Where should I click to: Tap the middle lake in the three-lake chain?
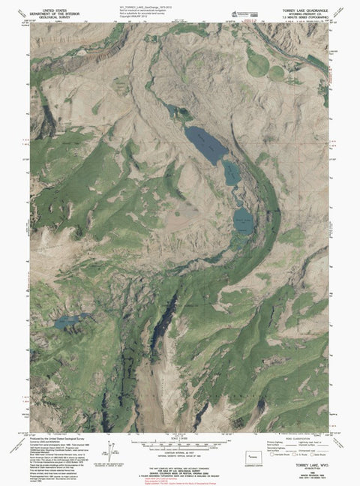232,174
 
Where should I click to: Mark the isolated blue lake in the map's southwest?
69,321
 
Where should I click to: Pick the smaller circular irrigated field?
277,73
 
